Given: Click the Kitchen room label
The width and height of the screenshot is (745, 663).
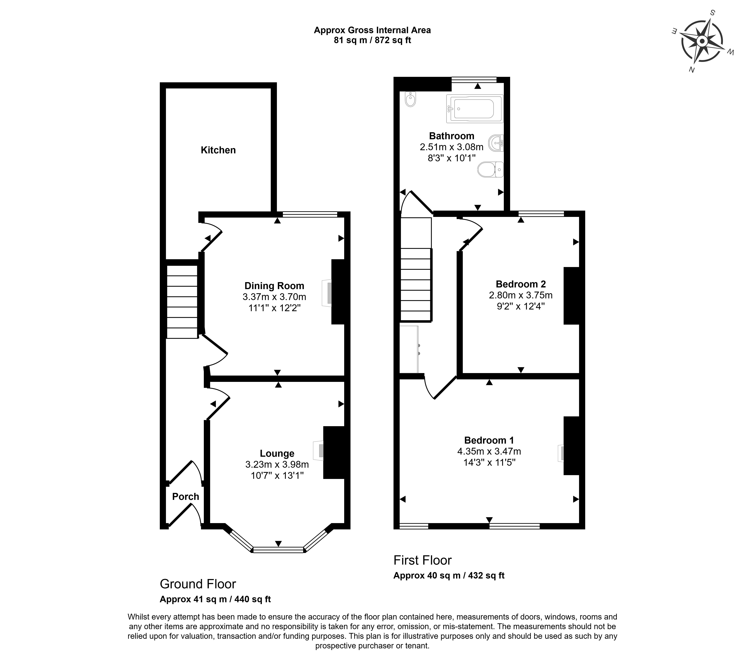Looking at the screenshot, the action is click(218, 150).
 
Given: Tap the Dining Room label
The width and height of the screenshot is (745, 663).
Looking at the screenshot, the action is click(274, 286).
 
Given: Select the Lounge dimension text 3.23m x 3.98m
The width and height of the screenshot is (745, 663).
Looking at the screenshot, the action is click(277, 465).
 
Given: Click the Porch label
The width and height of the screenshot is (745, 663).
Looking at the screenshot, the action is click(186, 497).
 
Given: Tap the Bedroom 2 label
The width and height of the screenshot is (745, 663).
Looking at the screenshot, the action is click(521, 284).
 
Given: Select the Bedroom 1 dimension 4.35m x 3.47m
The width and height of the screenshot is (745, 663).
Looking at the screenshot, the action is click(489, 451).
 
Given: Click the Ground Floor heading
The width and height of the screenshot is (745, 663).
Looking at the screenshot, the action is click(198, 584).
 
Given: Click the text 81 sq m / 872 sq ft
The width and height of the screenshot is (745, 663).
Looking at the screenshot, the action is click(372, 40).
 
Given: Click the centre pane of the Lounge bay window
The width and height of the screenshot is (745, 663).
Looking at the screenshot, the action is click(278, 550).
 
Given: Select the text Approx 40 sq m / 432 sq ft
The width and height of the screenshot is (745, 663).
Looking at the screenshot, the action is click(449, 576).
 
